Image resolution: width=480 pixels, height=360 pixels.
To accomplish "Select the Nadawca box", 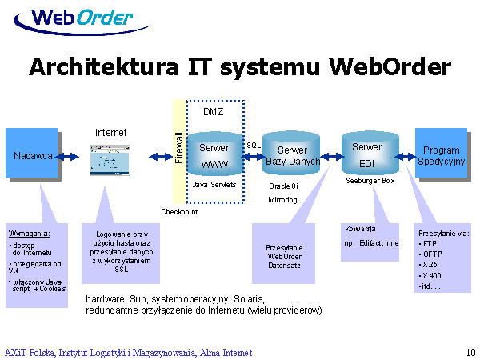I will click(32, 155).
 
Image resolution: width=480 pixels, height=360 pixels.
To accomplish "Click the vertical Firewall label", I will click(179, 148).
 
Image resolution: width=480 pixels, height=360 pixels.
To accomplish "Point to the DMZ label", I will click(214, 111).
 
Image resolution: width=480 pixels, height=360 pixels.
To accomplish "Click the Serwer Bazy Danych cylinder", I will click(292, 156).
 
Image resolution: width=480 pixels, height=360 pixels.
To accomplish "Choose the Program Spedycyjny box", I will click(441, 155).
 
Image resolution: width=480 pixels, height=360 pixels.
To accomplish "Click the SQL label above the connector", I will click(254, 145).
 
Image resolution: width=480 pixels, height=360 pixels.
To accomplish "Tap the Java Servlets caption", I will click(214, 184).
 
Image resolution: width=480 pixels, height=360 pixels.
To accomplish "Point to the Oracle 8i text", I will click(283, 186).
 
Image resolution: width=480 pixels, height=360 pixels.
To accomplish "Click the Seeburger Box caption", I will click(370, 181).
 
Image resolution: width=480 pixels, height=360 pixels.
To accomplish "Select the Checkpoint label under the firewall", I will click(179, 212).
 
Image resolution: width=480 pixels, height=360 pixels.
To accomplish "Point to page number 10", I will click(470, 352).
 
